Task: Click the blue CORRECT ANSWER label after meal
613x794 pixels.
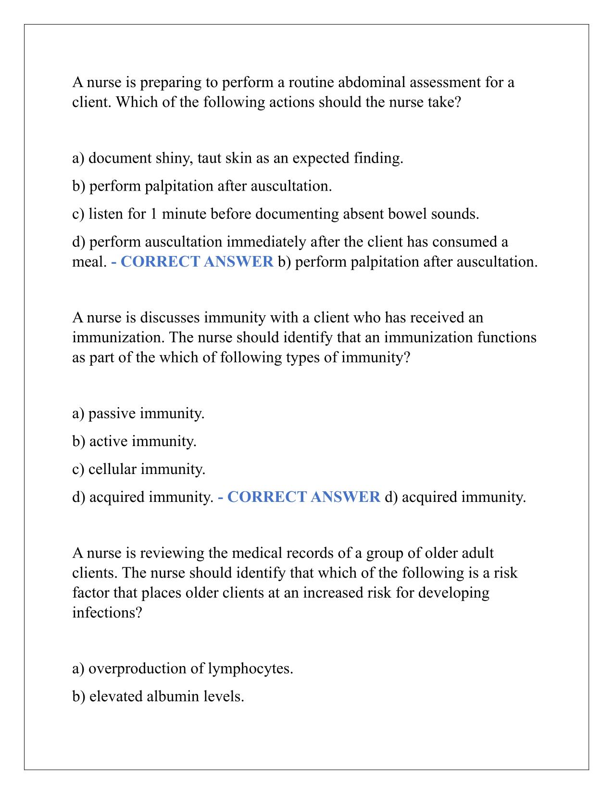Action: click(192, 262)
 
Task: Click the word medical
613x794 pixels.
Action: click(254, 553)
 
